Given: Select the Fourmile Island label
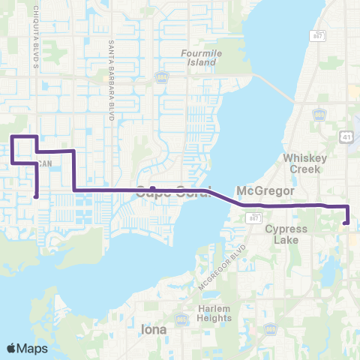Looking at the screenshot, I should click(x=198, y=58).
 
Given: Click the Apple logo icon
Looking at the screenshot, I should click(x=11, y=347).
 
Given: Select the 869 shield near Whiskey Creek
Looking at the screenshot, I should click(x=319, y=113).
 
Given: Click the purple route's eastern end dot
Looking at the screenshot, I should click(x=345, y=222).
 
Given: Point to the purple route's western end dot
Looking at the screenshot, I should click(x=36, y=196).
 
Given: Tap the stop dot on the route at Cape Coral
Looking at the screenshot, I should click(x=152, y=189).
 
